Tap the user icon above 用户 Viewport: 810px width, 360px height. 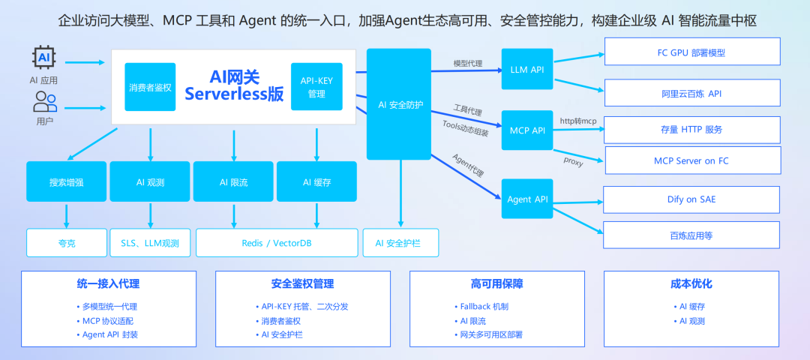point(45,101)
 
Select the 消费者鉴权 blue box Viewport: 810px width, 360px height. point(150,87)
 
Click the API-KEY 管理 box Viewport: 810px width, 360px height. point(316,87)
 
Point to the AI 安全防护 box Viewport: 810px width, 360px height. point(399,104)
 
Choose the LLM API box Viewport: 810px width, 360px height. point(526,70)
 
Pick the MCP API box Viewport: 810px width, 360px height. point(526,130)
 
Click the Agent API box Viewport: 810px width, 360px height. point(526,199)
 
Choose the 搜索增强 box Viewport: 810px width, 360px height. point(66,181)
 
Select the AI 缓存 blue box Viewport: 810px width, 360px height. point(317,181)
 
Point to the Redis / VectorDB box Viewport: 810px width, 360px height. point(275,243)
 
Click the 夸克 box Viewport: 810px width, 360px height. point(66,243)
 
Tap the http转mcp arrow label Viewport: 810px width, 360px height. point(578,121)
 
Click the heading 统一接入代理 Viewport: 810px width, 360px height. point(108,284)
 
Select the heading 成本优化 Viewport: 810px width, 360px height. point(691,284)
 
